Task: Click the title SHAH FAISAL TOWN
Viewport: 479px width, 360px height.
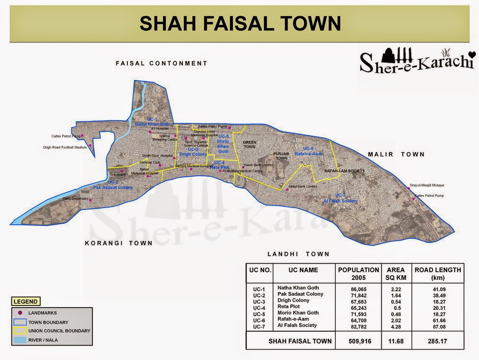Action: point(239,23)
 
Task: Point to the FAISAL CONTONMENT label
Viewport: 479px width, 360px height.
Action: point(161,63)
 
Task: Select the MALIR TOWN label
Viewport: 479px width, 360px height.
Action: point(396,154)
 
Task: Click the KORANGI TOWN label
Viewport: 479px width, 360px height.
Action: point(119,243)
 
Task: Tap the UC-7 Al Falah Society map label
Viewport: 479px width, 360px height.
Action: point(340,198)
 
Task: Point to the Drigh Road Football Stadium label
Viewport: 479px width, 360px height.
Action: point(65,148)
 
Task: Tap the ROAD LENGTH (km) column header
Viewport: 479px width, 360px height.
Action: point(437,274)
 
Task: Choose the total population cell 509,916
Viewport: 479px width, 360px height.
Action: point(358,342)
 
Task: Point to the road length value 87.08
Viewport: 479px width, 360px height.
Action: point(437,326)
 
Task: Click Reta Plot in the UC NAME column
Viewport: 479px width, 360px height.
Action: point(289,306)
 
